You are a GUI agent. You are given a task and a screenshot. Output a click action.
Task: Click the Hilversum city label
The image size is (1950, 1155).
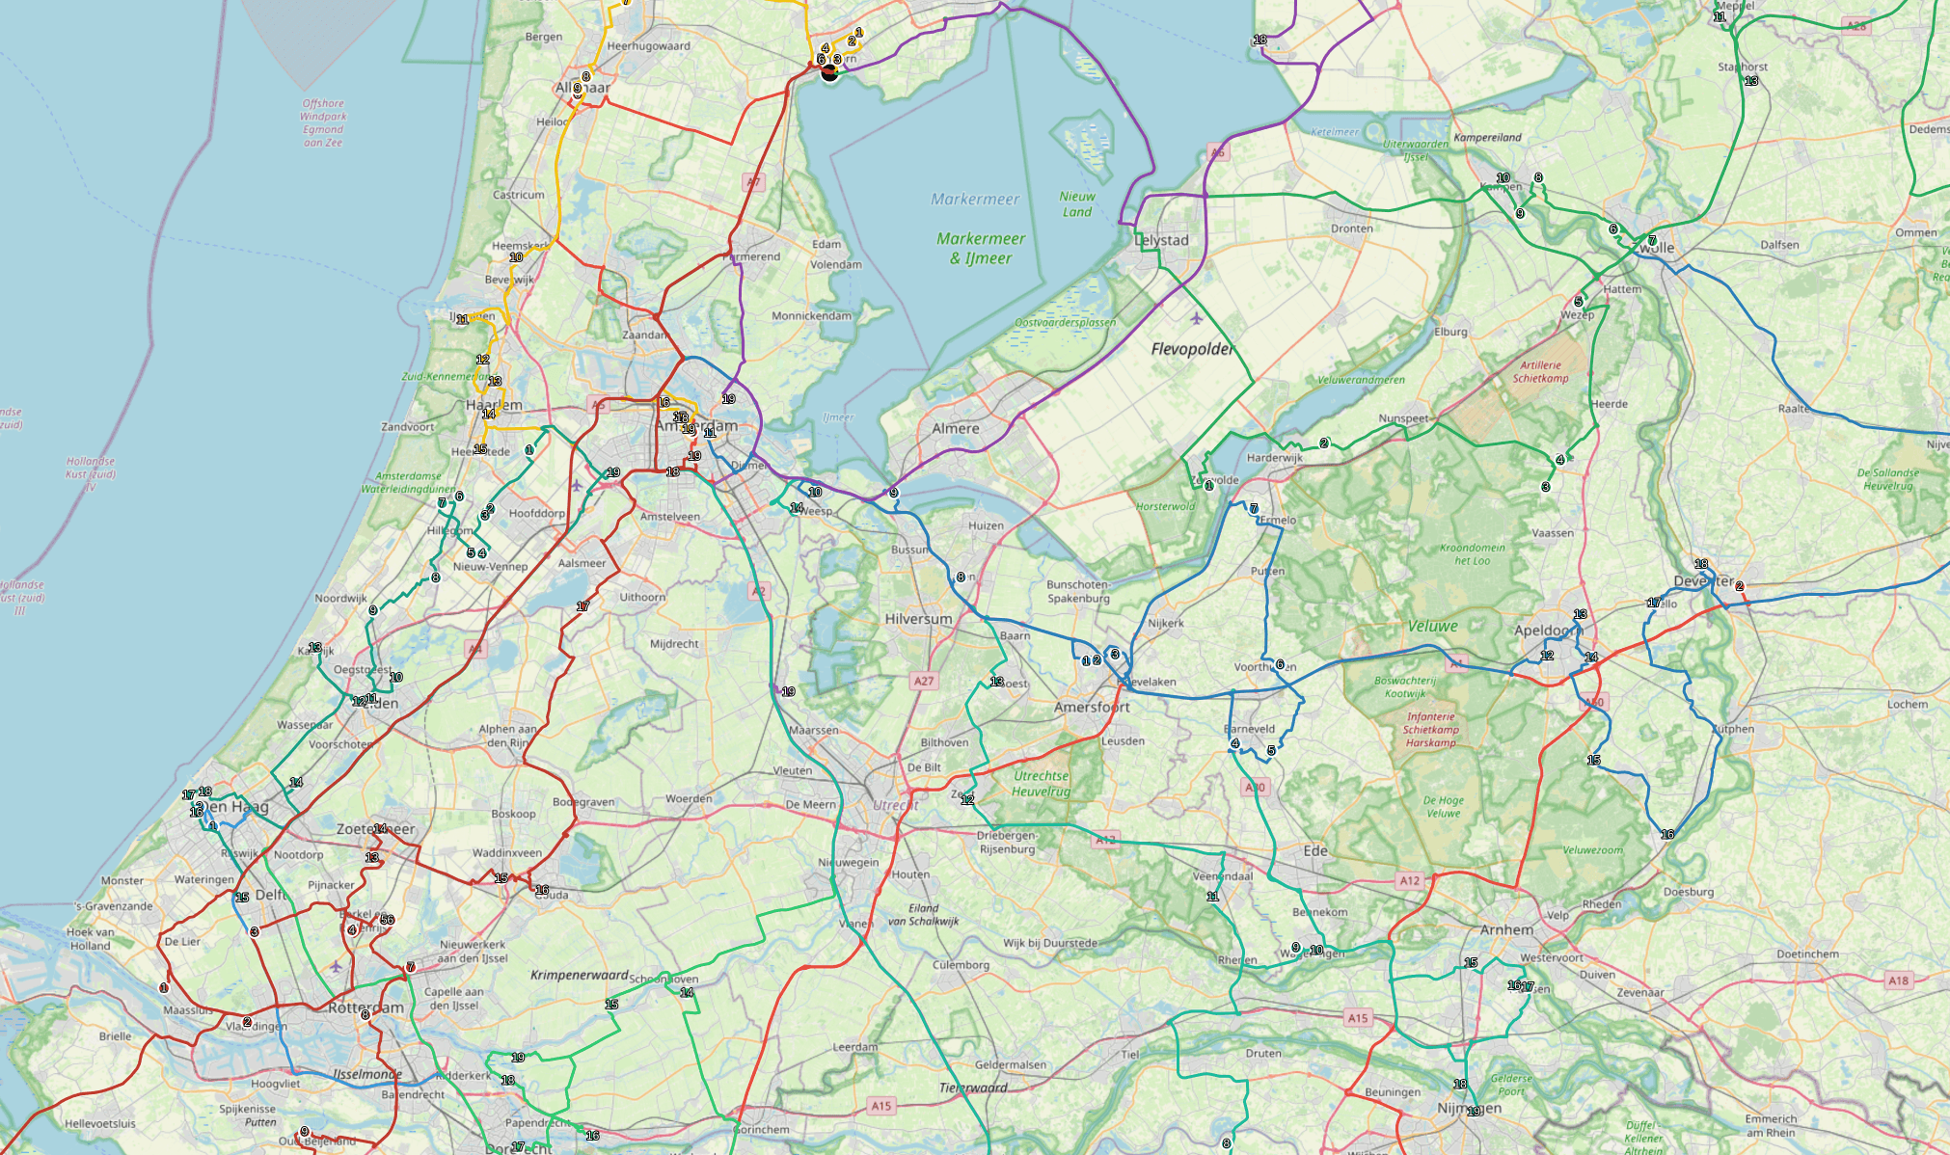(918, 619)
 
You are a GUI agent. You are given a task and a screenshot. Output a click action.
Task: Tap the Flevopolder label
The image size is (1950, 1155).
(1192, 349)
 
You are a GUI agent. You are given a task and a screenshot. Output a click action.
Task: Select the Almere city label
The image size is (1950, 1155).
(955, 428)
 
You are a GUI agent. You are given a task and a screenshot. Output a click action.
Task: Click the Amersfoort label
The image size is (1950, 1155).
(1092, 707)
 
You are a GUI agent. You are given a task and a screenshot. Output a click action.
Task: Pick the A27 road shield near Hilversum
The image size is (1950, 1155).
(924, 681)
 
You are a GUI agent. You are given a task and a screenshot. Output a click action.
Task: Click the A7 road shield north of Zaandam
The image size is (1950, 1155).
(753, 181)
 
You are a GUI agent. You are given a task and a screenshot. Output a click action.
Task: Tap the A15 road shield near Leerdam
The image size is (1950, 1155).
(880, 1106)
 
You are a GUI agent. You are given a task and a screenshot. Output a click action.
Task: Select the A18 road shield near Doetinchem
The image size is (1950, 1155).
(1898, 980)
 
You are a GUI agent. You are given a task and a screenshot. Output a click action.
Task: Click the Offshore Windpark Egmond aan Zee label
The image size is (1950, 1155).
(323, 122)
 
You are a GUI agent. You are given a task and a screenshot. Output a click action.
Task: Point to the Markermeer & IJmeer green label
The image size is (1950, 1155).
(981, 248)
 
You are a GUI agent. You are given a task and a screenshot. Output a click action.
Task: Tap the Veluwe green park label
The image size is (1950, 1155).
(1432, 627)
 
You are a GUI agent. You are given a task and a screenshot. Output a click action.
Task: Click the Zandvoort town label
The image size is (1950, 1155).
(408, 426)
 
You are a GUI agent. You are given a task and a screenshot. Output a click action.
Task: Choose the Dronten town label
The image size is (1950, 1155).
(1351, 228)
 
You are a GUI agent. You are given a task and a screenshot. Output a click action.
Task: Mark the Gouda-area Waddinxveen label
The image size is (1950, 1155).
(506, 852)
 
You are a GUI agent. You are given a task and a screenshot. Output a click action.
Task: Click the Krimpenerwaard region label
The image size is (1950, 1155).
(579, 975)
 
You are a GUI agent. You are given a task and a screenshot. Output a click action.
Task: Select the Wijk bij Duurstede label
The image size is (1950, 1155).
(1050, 943)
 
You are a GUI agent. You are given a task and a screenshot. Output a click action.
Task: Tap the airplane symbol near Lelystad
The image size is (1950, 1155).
(1197, 318)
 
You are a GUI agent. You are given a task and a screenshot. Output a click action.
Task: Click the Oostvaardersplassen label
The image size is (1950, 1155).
(1065, 323)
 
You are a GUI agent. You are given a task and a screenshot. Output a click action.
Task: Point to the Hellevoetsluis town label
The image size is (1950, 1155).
(100, 1123)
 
